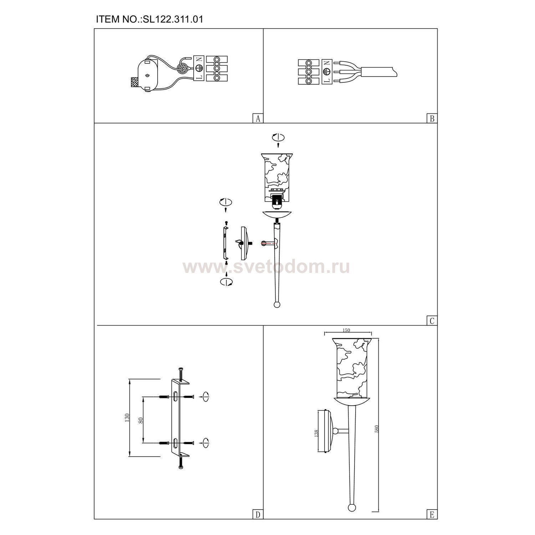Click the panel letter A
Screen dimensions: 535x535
coord(258,118)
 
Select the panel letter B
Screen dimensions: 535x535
coord(432,118)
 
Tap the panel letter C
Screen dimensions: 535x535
coord(432,321)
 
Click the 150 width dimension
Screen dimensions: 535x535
coord(346,330)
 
